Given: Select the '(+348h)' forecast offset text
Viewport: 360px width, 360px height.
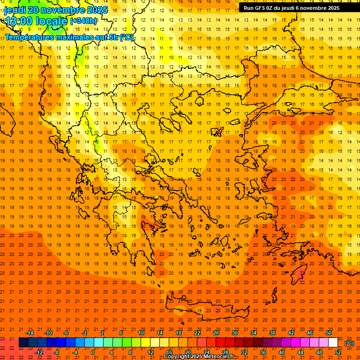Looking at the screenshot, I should [84, 21].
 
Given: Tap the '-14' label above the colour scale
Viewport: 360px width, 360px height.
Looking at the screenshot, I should [30, 333].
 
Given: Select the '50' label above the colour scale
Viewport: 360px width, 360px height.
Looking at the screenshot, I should [329, 333].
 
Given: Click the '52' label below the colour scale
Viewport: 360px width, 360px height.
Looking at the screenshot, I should [338, 352].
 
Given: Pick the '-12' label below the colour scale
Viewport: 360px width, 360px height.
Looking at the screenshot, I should [39, 352].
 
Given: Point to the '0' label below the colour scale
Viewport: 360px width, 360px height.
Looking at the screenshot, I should [93, 352].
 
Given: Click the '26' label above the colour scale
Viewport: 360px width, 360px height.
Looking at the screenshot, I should [216, 333].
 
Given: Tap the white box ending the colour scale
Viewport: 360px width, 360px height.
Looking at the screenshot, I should [333, 343].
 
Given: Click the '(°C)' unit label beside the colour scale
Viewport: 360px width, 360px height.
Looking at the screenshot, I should [350, 343].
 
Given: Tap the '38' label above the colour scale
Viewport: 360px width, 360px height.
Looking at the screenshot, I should [272, 333].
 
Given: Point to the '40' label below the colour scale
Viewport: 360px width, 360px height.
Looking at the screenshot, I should [282, 352].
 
